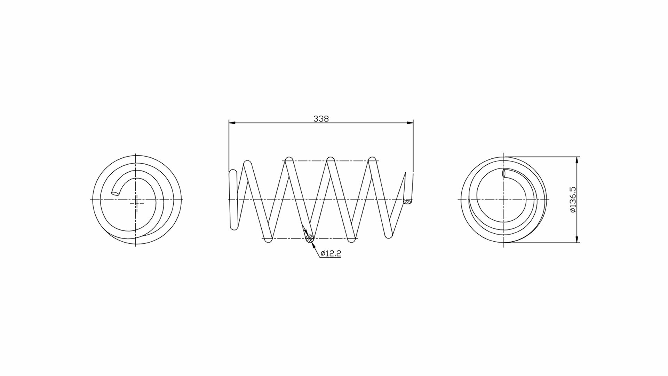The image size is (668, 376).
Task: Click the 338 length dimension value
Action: tap(321, 119)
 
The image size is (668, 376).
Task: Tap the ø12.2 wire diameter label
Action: tap(331, 253)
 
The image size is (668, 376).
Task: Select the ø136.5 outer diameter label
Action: tap(573, 200)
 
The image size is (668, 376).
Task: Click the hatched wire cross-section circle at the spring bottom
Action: tap(309, 239)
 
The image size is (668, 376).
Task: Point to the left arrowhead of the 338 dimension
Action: tap(232, 123)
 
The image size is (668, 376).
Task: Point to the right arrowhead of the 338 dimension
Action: tap(409, 123)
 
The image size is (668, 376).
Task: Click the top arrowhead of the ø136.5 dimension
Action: tap(577, 160)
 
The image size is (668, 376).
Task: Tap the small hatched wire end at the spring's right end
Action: tap(407, 202)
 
